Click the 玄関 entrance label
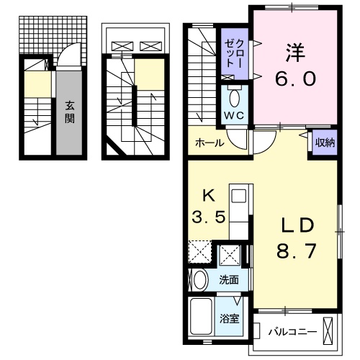pos(69,112)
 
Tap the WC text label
pos(235,115)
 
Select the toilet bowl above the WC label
pos(235,97)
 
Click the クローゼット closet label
pos(235,53)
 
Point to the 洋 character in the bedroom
pos(293,51)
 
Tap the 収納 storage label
pos(325,142)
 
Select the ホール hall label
pos(209,143)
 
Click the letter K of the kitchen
pos(208,194)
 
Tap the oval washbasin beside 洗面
pos(200,279)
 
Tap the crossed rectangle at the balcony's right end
pos(329,332)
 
